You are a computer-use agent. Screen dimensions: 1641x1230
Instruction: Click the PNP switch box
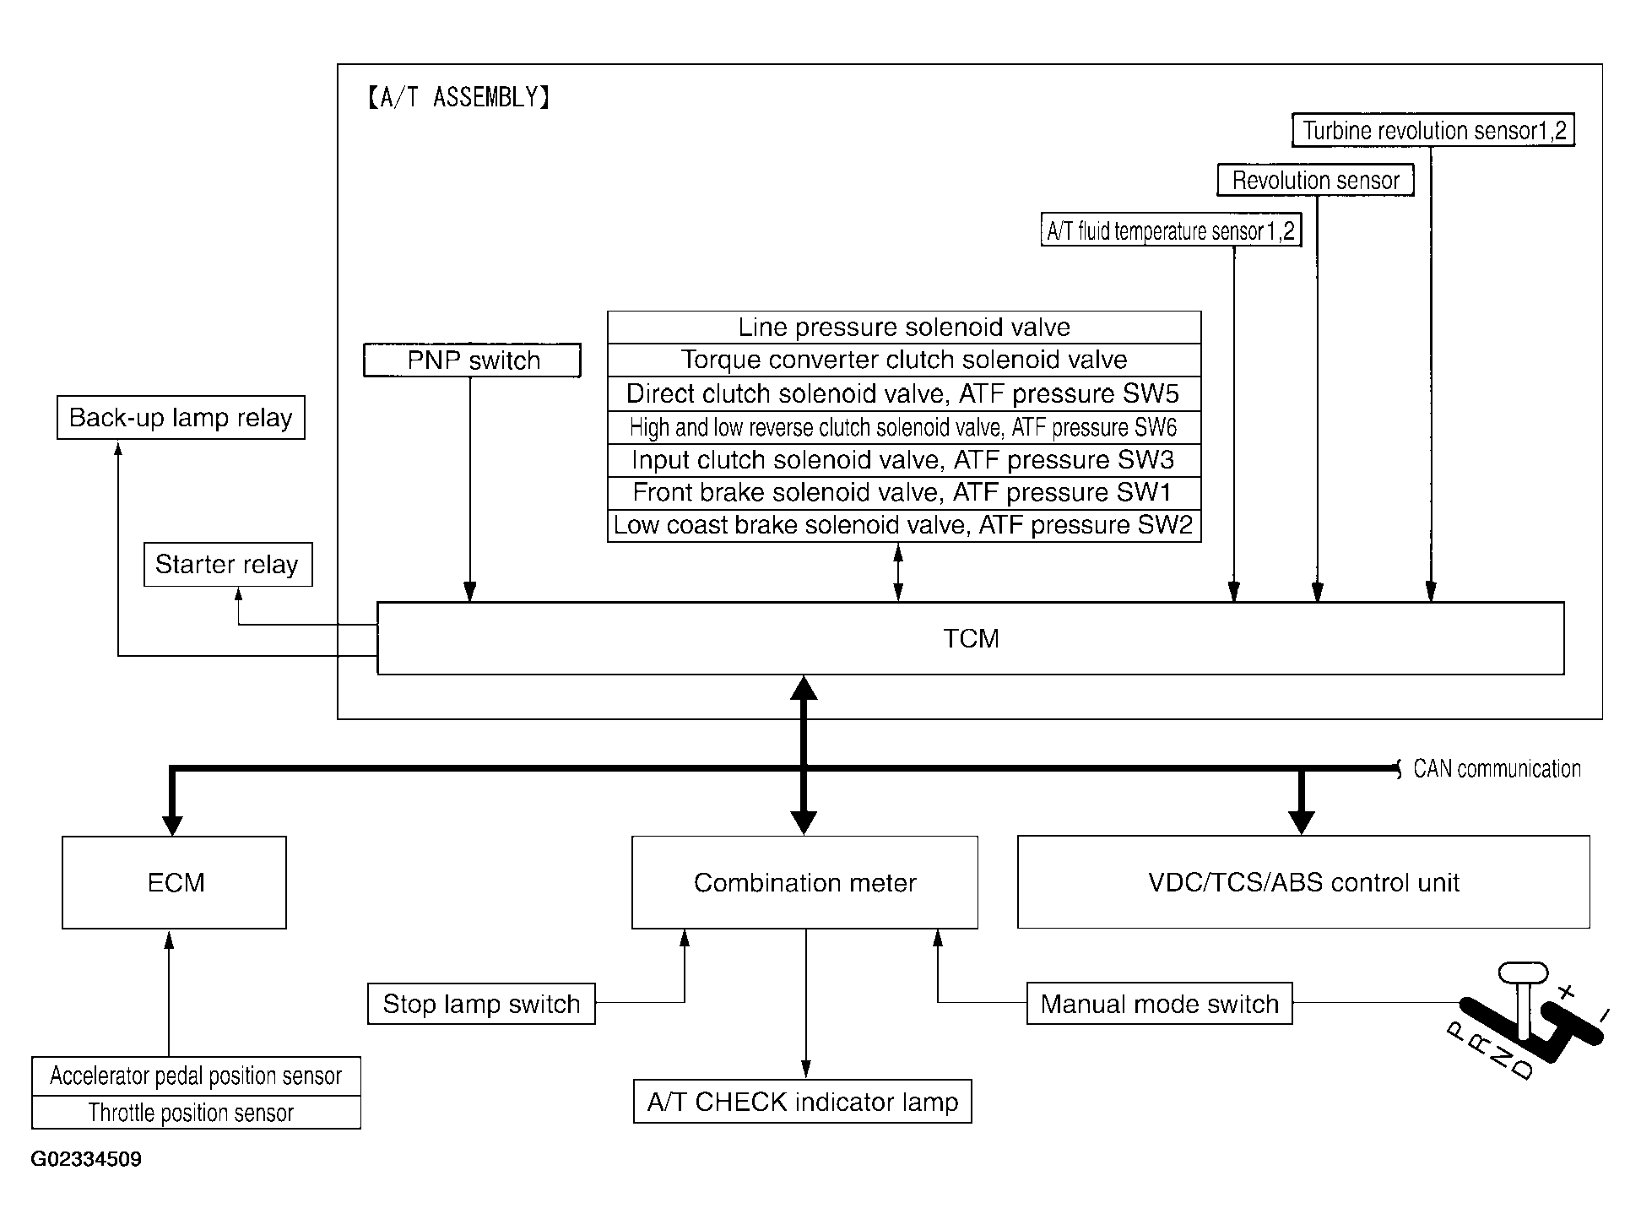coord(472,360)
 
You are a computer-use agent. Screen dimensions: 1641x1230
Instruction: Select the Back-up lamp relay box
coord(181,418)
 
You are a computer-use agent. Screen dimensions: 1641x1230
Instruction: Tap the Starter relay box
coord(228,564)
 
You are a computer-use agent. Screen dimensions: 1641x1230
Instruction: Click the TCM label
coord(971,638)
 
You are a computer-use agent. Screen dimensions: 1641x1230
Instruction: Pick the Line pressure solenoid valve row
coord(904,328)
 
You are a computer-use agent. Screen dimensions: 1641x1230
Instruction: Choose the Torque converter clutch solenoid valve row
coord(904,360)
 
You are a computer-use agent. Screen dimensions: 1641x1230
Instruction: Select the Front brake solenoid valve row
coord(904,492)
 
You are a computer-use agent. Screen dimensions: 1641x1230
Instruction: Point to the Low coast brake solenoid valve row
coord(904,525)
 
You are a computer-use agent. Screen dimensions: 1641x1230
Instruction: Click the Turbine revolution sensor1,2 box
coord(1433,131)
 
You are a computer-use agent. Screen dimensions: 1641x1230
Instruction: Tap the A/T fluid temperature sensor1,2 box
coord(1171,230)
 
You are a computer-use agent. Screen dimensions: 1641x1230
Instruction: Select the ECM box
coord(175,882)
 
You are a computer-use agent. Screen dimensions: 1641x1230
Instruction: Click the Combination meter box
coord(804,882)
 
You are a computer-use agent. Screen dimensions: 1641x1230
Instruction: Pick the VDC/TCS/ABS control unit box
coord(1303,882)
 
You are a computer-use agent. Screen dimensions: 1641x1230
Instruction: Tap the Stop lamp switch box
coord(481,1004)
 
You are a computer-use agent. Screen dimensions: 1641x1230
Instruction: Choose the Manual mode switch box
coord(1159,1004)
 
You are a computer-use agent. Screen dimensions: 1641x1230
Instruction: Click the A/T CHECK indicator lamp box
coord(803,1102)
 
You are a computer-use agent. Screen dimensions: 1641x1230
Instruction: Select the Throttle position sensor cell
coord(196,1113)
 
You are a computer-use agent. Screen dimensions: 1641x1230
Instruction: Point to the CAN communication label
coord(1497,769)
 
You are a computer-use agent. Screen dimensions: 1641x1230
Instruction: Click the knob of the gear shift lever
coord(1523,973)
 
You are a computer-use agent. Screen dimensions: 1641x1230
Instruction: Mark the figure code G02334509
coord(86,1159)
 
